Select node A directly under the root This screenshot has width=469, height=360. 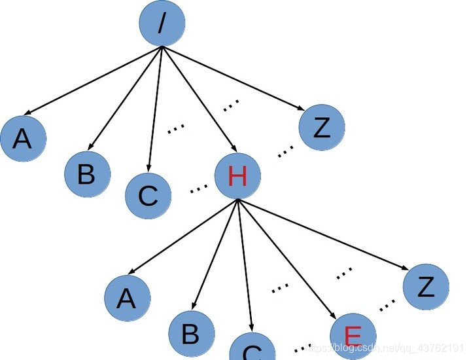pos(23,138)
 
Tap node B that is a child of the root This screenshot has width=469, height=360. pos(87,174)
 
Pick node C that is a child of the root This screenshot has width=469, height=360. pos(148,195)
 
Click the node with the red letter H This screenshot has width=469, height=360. pos(237,175)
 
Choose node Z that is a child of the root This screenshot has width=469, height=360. pos(321,128)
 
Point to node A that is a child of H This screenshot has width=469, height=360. pos(127,298)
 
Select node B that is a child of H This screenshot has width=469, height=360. pos(191,333)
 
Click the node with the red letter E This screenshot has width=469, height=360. pos(353,336)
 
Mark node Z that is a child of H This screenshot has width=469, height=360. pos(426,287)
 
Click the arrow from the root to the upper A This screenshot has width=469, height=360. pos(92,82)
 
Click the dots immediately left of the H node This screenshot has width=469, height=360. pos(198,189)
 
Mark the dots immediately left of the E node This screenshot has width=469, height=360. pos(302,348)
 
